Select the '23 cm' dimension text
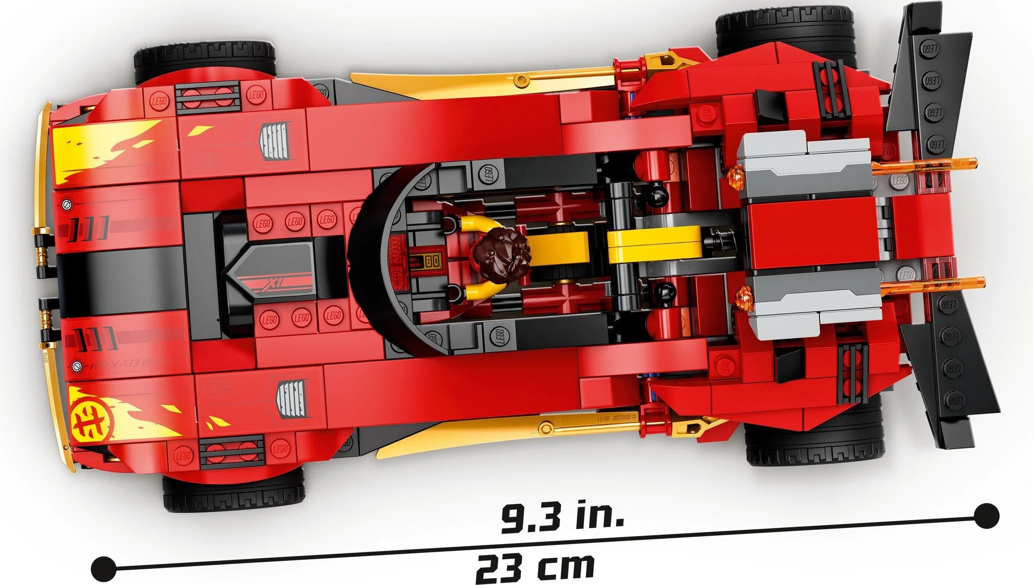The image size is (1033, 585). pyautogui.click(x=535, y=568)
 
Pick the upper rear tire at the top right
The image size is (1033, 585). pyautogui.click(x=784, y=26)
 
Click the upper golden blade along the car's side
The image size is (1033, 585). pyautogui.click(x=484, y=84)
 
